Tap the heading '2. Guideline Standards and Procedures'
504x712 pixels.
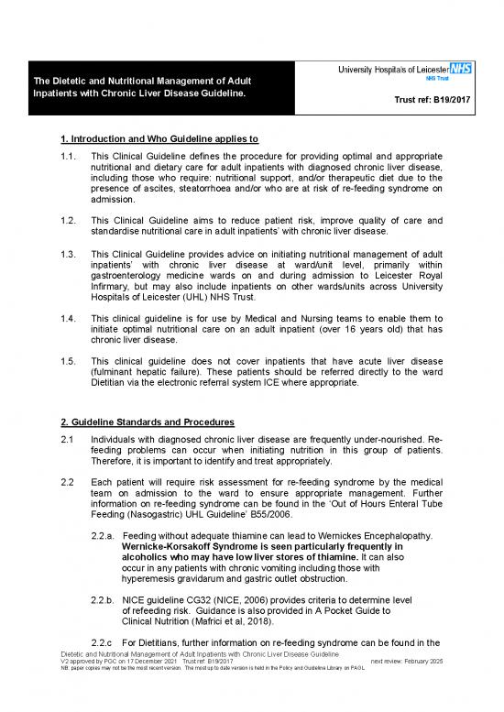147,424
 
